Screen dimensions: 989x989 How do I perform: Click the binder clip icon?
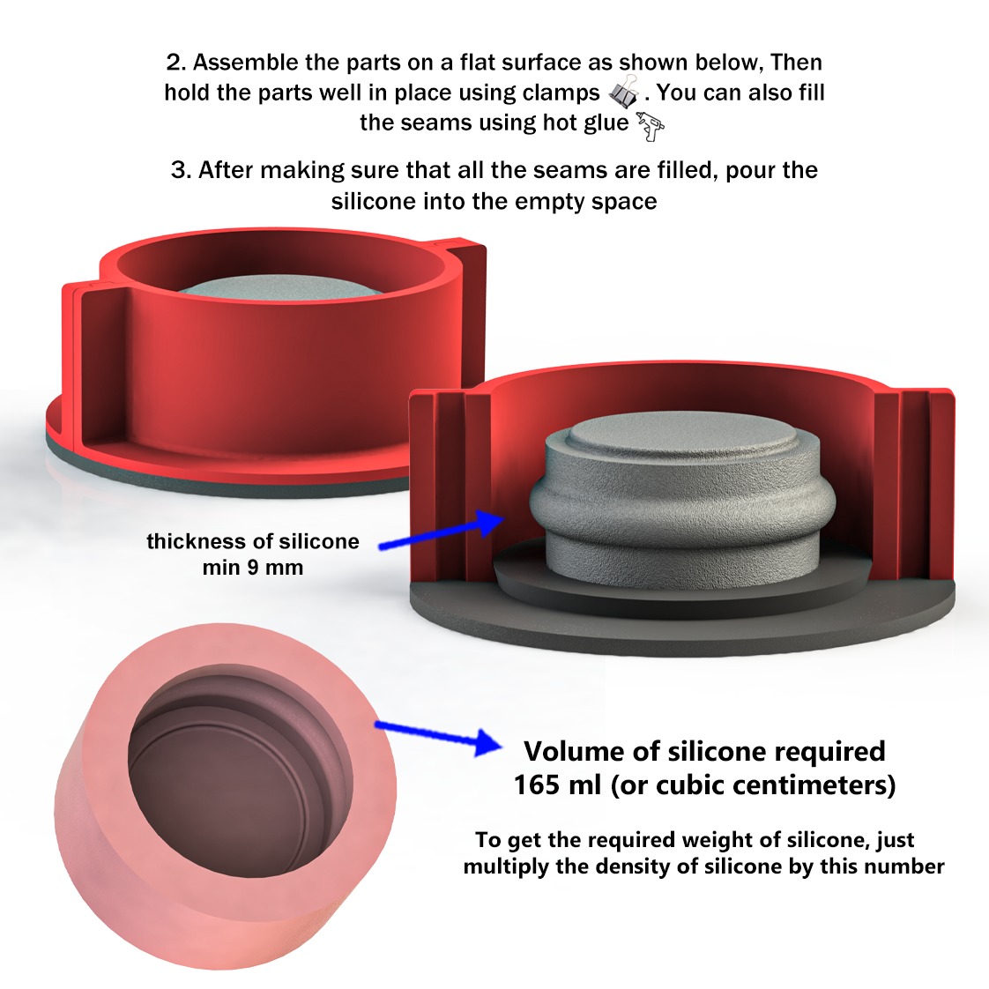click(x=624, y=92)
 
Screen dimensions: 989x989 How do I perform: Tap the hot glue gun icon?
click(x=651, y=126)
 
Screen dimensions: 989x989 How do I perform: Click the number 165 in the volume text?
click(x=536, y=785)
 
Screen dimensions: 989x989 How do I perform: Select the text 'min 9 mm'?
click(x=252, y=568)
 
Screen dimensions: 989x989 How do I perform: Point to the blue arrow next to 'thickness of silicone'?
click(x=442, y=532)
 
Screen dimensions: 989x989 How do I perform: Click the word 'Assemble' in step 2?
click(x=245, y=63)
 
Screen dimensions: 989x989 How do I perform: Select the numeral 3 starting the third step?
click(x=179, y=170)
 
